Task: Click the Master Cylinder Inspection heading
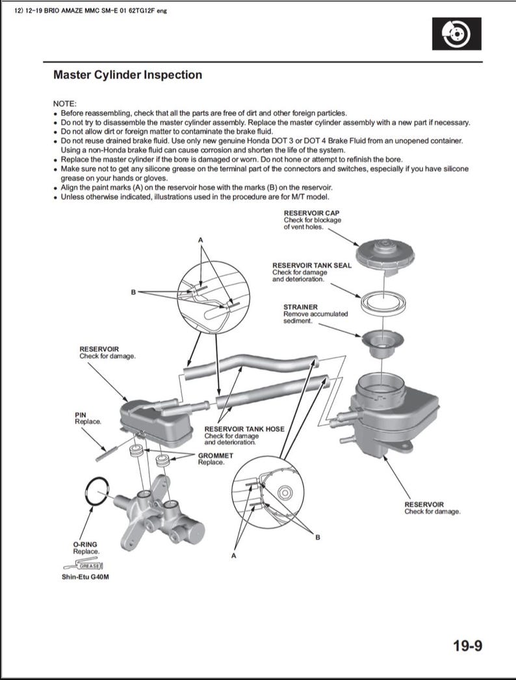pyautogui.click(x=127, y=75)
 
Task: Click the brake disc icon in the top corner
pyautogui.click(x=457, y=34)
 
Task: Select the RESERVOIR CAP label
pyautogui.click(x=311, y=213)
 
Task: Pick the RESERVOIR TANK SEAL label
pyautogui.click(x=311, y=265)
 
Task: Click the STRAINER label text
pyautogui.click(x=300, y=307)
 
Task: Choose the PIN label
pyautogui.click(x=81, y=414)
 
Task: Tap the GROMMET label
pyautogui.click(x=215, y=456)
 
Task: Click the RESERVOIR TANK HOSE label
pyautogui.click(x=244, y=429)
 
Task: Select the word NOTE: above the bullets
pyautogui.click(x=64, y=104)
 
